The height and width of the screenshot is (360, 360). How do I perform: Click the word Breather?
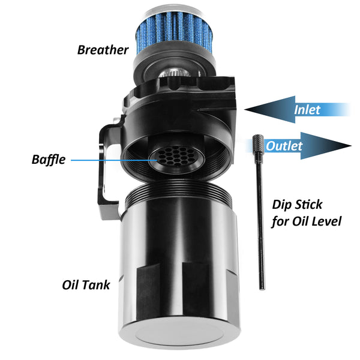(103, 50)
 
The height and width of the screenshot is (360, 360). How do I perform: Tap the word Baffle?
(49, 160)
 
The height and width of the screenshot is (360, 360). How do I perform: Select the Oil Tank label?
(86, 285)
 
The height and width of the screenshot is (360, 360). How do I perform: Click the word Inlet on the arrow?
(307, 110)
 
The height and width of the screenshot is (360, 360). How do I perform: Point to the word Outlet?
(284, 146)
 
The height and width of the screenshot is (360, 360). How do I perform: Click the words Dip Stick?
(297, 205)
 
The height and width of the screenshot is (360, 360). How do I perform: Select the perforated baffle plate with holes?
(176, 157)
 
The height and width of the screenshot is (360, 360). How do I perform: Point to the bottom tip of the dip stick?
(262, 289)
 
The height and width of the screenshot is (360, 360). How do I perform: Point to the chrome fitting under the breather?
(174, 73)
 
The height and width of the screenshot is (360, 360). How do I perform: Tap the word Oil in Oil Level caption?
(299, 221)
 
